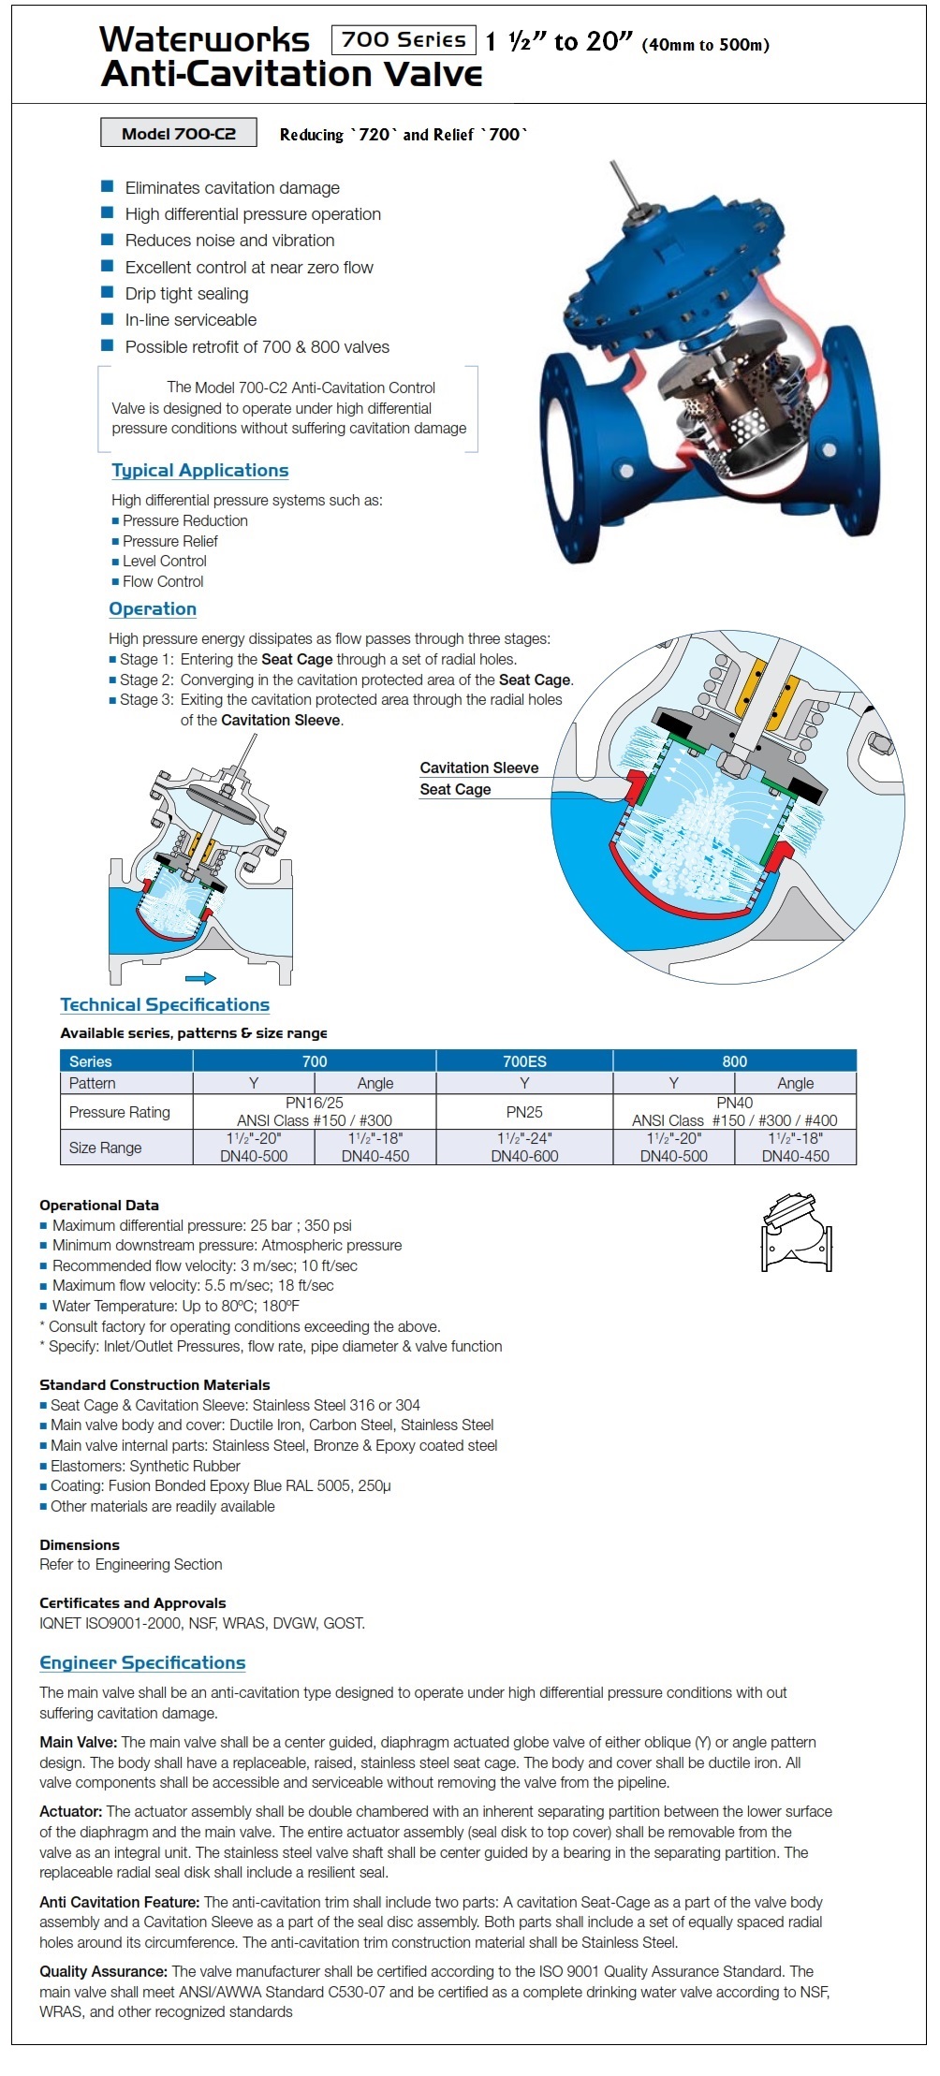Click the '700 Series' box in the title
tap(404, 40)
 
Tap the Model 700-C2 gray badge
tap(178, 134)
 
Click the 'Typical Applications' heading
tap(199, 471)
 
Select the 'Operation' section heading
tap(153, 609)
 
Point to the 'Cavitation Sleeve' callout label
tap(478, 768)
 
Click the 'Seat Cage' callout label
tap(455, 790)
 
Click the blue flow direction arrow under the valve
tap(200, 978)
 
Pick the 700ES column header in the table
tap(524, 1061)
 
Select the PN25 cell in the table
tap(524, 1112)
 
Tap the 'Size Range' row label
tap(105, 1148)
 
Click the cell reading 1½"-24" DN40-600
tap(524, 1148)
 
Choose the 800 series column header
tap(734, 1061)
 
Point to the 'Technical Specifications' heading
tap(165, 1005)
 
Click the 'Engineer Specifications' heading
tap(142, 1663)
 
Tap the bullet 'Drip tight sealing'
tap(186, 294)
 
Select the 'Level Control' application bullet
tap(164, 562)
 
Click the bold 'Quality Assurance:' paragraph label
tap(103, 1971)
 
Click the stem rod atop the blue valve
tap(623, 187)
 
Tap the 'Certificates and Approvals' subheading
tap(132, 1603)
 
